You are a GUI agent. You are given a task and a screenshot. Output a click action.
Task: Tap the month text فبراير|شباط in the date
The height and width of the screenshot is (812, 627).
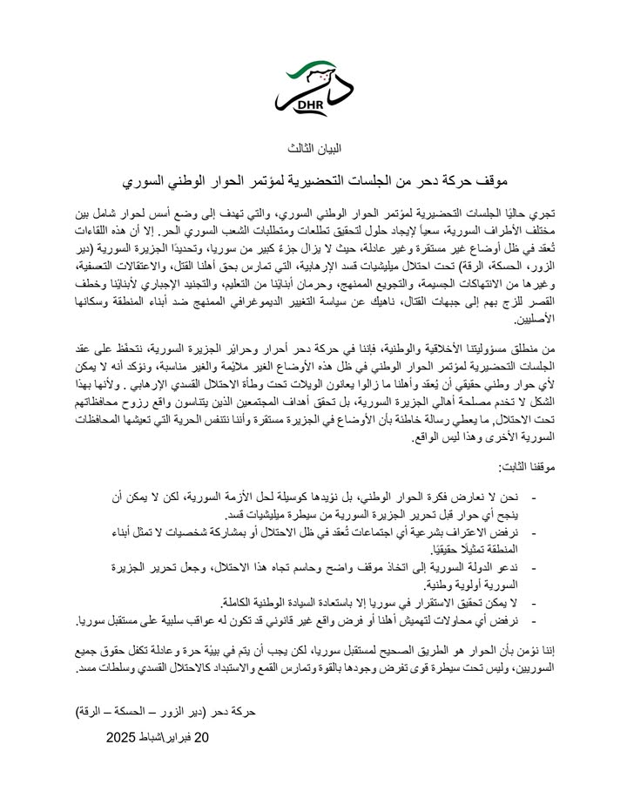pos(171,737)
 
